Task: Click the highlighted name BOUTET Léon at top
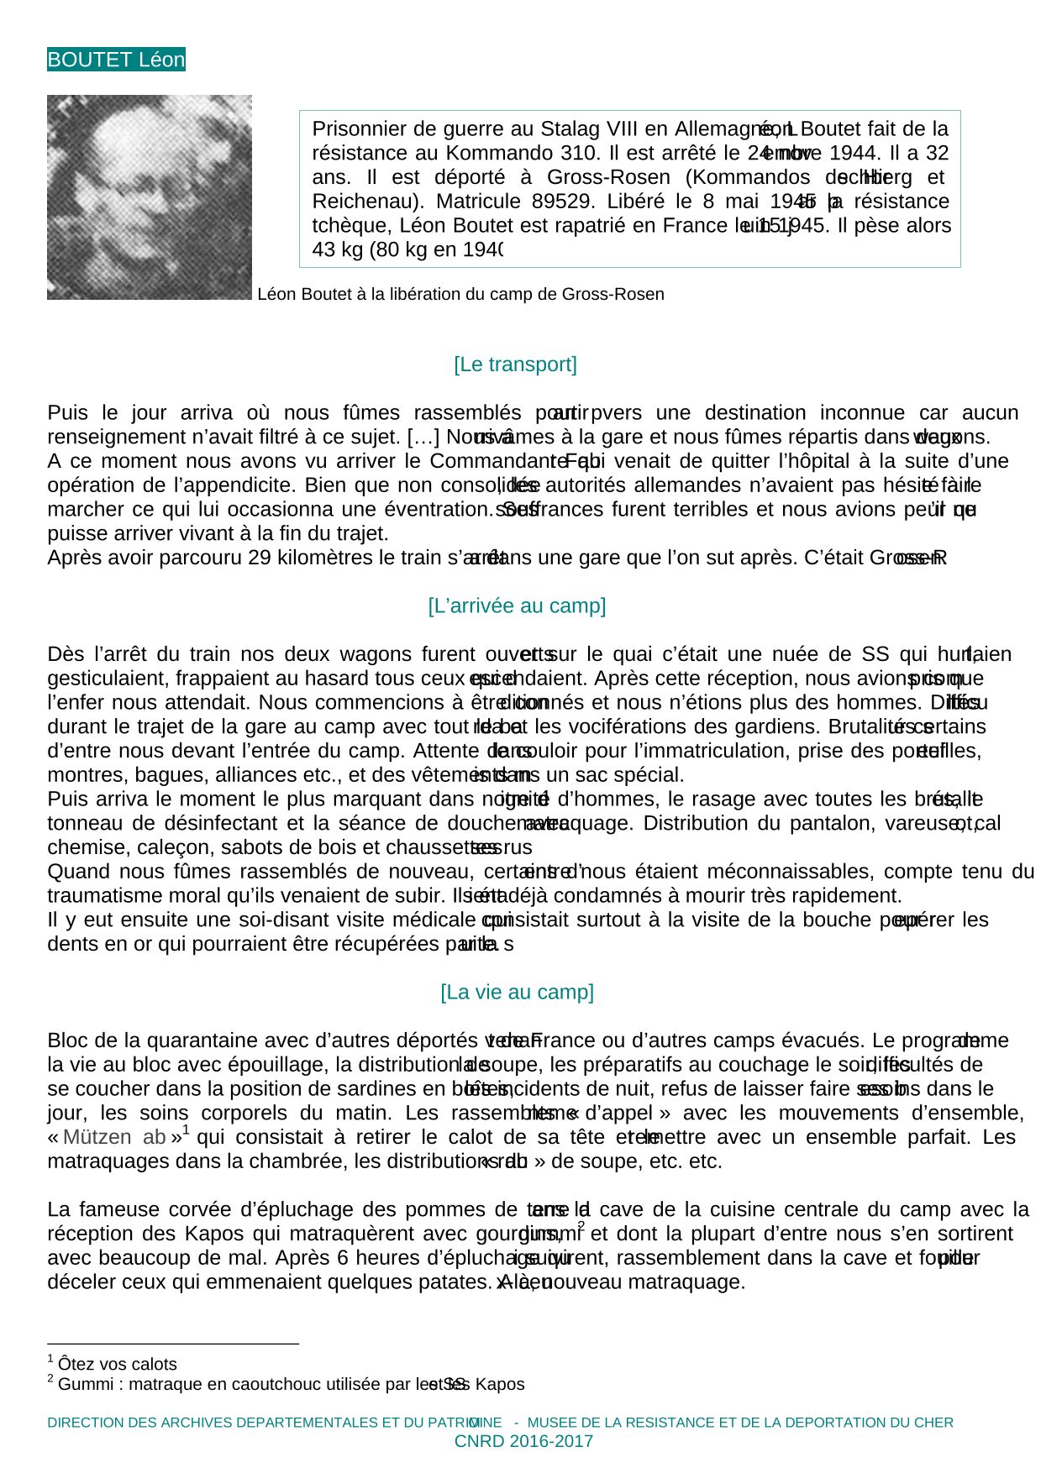click(x=116, y=60)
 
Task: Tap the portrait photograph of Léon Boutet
click(x=150, y=197)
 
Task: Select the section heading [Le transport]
click(x=515, y=364)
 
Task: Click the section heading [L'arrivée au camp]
click(x=517, y=606)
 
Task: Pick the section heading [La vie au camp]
click(x=517, y=993)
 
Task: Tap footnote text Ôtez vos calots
click(x=118, y=1365)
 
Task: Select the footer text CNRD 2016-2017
click(x=523, y=1442)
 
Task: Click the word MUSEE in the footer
click(x=554, y=1423)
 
